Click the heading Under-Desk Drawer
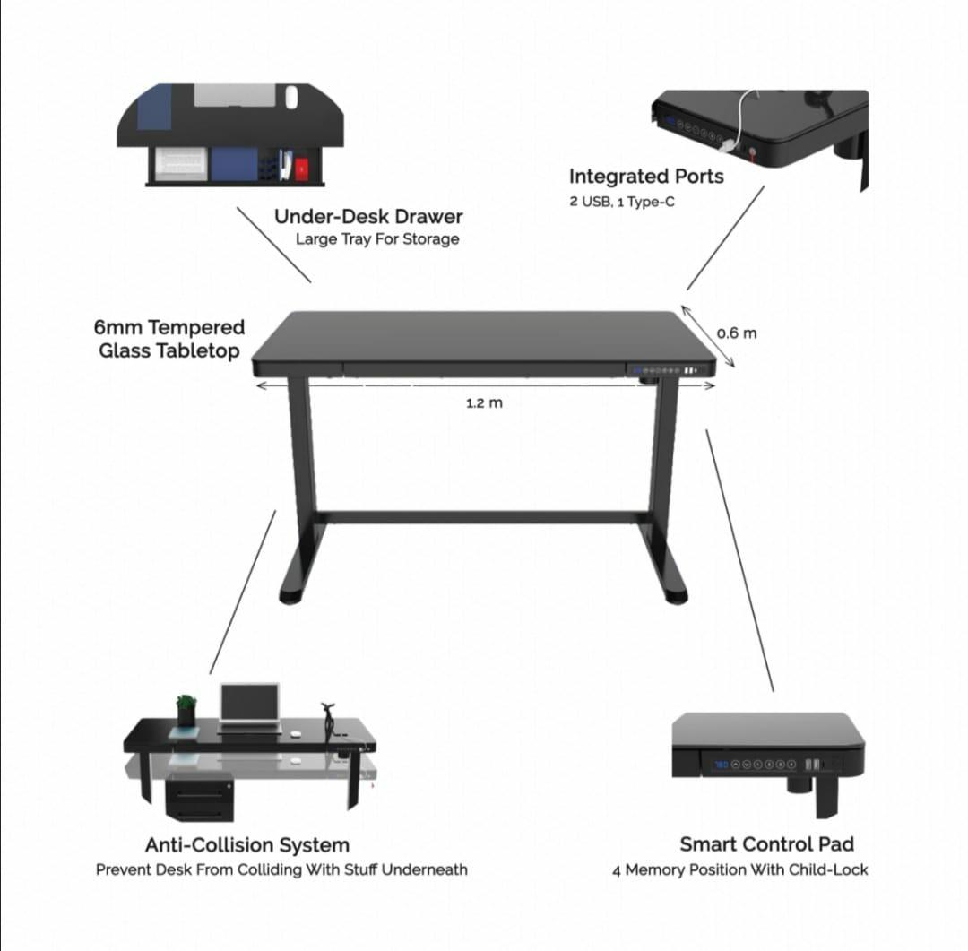point(368,217)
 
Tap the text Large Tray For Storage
point(377,239)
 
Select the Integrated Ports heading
point(645,177)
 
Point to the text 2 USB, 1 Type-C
point(622,202)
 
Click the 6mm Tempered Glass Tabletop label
point(169,339)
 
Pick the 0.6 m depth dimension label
point(737,333)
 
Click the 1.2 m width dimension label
point(484,403)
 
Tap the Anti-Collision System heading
point(246,844)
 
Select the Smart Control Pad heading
point(766,844)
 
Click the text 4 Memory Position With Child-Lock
point(740,869)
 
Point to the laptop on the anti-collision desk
point(249,705)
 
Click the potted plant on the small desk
point(186,708)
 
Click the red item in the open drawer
point(301,167)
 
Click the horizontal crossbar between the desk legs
point(484,517)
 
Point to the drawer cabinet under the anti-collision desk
point(200,798)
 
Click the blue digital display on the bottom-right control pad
point(721,765)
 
